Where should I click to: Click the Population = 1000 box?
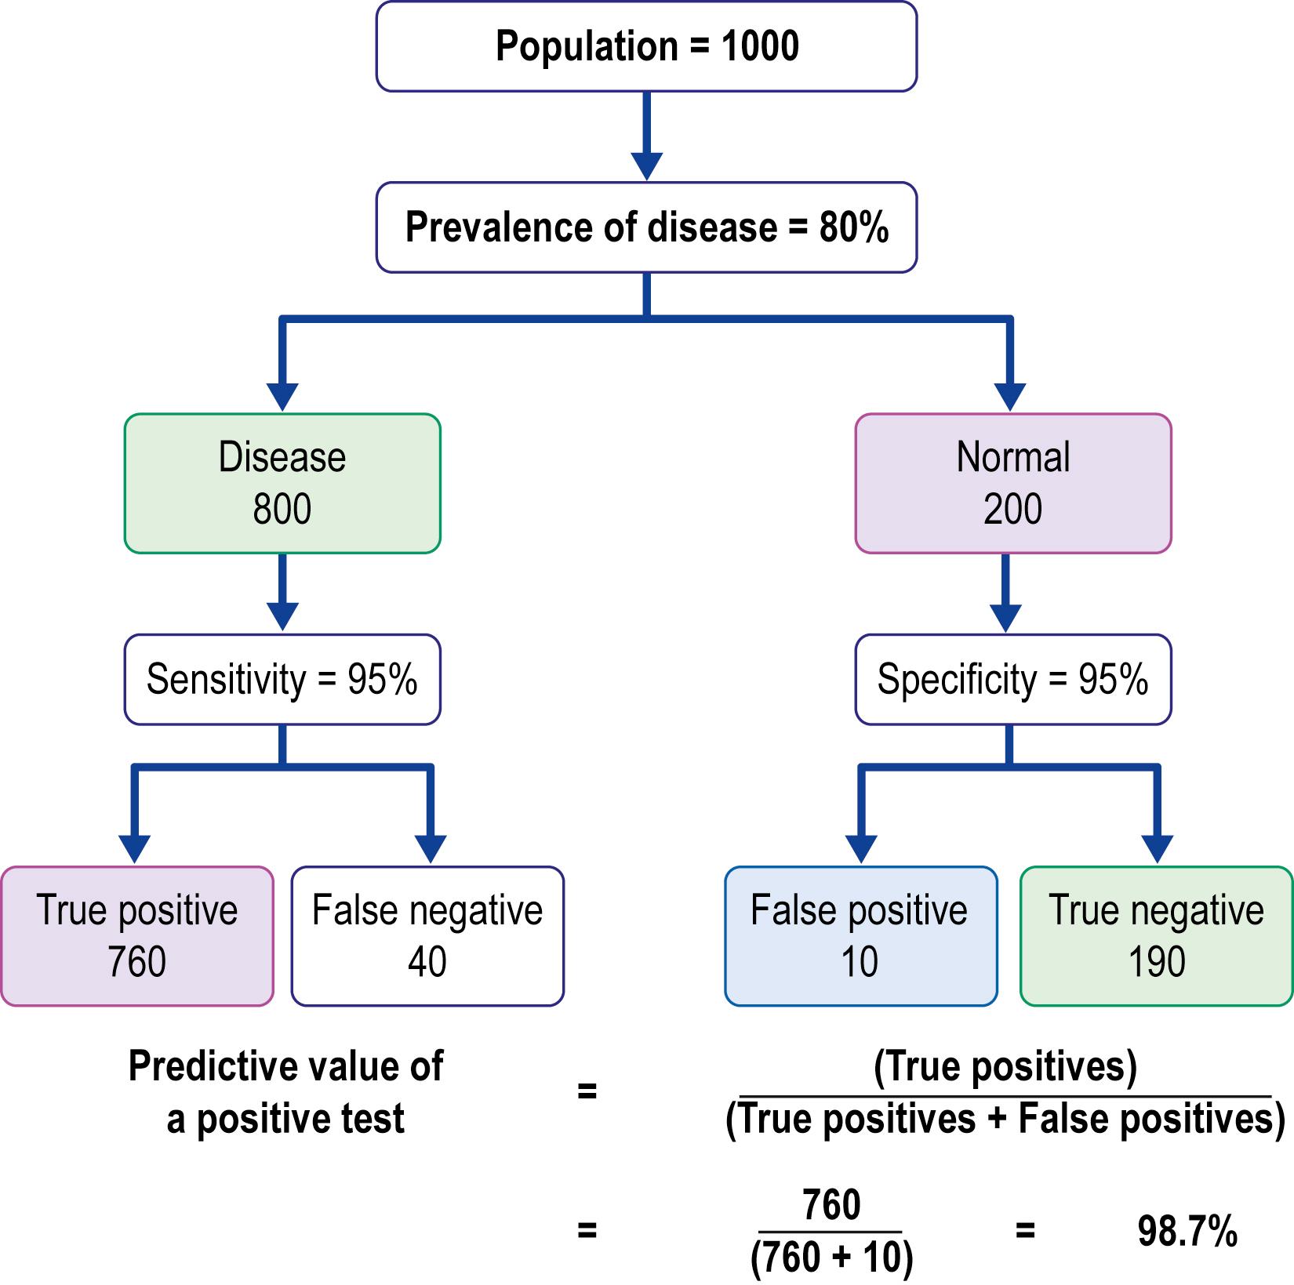[x=646, y=46]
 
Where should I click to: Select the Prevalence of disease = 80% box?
[x=646, y=227]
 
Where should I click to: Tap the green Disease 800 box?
[x=282, y=483]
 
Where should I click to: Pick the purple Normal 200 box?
[x=1012, y=483]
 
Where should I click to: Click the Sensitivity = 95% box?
[x=282, y=679]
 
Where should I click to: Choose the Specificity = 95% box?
[x=1012, y=679]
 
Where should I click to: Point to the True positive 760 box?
[x=136, y=935]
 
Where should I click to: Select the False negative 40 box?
[x=427, y=935]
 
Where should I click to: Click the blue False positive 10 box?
[x=860, y=935]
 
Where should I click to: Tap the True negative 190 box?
[x=1156, y=935]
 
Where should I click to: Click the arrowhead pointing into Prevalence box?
[x=646, y=165]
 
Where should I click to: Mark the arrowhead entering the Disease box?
[x=282, y=396]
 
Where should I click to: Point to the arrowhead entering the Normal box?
[x=1010, y=396]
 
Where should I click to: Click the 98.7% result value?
[x=1187, y=1231]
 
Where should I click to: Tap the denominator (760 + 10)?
[x=831, y=1258]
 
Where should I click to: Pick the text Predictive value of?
[x=285, y=1067]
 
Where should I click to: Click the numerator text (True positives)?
[x=1005, y=1067]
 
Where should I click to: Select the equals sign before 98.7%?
[x=1024, y=1231]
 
